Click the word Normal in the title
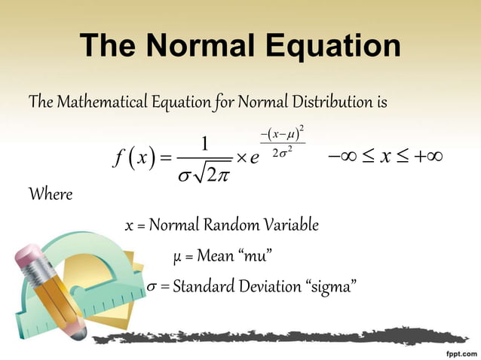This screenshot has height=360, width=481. click(x=201, y=47)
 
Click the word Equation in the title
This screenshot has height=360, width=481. click(x=329, y=47)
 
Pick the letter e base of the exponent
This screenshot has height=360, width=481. click(x=255, y=158)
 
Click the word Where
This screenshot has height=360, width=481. click(x=51, y=196)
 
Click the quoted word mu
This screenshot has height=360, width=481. click(x=254, y=256)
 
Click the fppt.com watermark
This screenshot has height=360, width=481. click(x=454, y=351)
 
